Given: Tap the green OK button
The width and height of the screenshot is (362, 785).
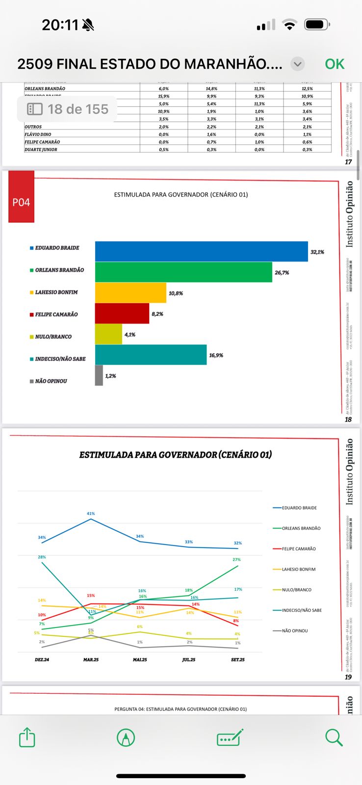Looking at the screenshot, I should (335, 64).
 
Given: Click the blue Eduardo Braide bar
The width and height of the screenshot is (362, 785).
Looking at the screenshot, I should (201, 251).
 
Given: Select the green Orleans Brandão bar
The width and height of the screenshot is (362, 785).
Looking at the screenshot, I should (183, 272).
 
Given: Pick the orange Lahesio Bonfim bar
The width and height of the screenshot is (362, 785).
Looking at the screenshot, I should (130, 293).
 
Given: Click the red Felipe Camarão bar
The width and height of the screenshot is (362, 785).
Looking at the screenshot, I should (122, 314).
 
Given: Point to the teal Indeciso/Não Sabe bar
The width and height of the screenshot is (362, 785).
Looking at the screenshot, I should (151, 355).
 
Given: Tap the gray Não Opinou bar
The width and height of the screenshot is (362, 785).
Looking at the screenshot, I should (99, 375).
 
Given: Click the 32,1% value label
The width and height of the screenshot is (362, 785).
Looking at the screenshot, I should (317, 252).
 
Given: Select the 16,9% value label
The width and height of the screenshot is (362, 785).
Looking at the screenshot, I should (216, 355).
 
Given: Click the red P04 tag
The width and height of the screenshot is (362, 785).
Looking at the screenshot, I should (21, 202).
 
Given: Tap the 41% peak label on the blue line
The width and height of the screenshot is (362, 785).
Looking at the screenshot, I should (91, 514).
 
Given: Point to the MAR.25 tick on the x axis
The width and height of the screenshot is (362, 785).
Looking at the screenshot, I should (91, 660).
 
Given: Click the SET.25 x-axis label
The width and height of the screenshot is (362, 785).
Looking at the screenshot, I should (238, 660).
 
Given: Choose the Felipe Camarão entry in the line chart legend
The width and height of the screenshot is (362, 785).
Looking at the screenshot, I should (299, 549).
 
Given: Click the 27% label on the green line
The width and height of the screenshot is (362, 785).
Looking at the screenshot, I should (236, 560).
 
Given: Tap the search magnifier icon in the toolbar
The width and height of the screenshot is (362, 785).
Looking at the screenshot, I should (334, 737).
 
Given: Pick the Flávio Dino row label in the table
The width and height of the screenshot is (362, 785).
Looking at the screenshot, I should (38, 134).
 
